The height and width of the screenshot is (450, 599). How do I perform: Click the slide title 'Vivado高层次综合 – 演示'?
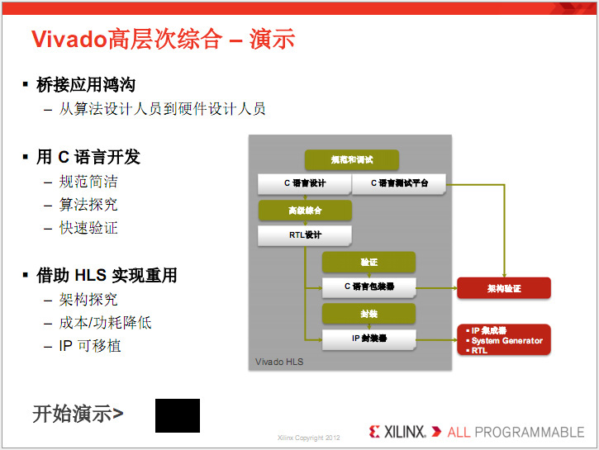click(x=163, y=39)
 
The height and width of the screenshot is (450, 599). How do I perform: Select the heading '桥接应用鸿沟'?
click(x=86, y=85)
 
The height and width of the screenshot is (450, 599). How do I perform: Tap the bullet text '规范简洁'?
click(x=88, y=182)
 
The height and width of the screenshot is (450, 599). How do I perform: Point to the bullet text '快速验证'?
click(x=88, y=228)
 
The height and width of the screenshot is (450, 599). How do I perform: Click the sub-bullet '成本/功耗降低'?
click(x=105, y=323)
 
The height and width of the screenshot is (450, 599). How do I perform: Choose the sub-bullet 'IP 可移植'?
click(x=90, y=346)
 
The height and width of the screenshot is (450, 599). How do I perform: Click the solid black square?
click(x=178, y=415)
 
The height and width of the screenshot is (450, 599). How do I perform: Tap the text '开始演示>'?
click(x=78, y=414)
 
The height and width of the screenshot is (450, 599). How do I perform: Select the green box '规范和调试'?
click(x=352, y=160)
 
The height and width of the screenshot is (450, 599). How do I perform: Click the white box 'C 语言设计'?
click(x=305, y=183)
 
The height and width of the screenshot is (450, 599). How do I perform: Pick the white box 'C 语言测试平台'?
click(x=399, y=183)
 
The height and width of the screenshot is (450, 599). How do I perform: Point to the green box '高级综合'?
click(x=305, y=211)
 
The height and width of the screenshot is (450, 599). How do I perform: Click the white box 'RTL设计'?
click(x=305, y=235)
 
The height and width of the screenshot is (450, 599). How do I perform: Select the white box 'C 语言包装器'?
click(x=369, y=287)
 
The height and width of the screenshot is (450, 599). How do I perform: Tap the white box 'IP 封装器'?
click(x=369, y=339)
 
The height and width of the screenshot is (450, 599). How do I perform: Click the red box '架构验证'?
click(x=504, y=288)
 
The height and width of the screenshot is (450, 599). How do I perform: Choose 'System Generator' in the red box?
click(x=507, y=340)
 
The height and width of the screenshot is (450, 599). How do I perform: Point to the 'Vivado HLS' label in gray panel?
click(x=279, y=362)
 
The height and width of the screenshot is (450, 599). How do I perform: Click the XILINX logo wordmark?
click(x=404, y=432)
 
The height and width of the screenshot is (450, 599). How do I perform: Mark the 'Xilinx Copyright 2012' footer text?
click(x=309, y=438)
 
